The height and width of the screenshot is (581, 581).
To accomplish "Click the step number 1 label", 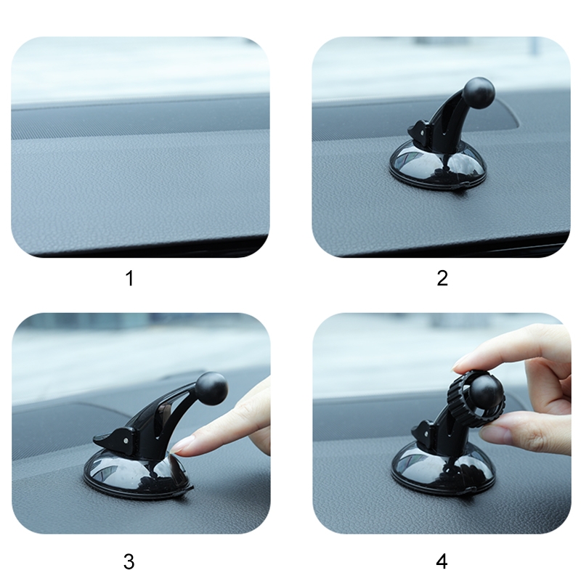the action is (130, 278).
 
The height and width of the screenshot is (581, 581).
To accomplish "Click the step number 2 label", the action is (442, 278).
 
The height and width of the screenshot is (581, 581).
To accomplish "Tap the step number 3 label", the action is (129, 561).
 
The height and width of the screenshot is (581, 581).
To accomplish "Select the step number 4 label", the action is (442, 561).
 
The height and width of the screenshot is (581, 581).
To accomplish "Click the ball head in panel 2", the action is (479, 92).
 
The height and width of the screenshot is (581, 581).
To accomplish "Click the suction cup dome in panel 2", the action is (437, 167).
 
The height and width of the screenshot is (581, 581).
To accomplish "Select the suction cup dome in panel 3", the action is (138, 473).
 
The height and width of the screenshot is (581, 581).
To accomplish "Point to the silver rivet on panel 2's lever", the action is (423, 131).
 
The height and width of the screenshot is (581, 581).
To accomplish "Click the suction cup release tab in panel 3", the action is (185, 489).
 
